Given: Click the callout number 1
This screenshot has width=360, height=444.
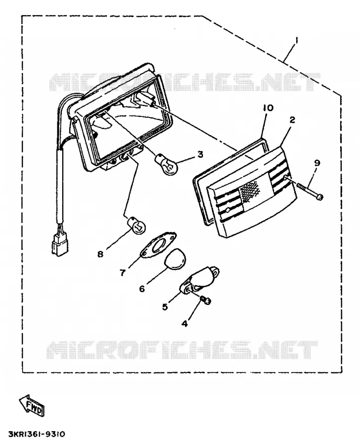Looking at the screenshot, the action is pos(296,40).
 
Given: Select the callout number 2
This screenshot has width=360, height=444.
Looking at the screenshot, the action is pos(292,120).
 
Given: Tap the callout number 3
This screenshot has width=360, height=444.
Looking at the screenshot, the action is pos(200,154).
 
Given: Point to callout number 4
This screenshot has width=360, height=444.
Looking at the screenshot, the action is pos(185,323).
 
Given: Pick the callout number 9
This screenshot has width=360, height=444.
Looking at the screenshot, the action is pos(317,163).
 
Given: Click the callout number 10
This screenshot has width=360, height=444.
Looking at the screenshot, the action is pos(268,108).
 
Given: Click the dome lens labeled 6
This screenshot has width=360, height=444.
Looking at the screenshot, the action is pos(174,259).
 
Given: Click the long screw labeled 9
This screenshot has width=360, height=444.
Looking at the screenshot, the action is pos(310,191).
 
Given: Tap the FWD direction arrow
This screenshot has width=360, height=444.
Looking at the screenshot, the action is pos(32,406).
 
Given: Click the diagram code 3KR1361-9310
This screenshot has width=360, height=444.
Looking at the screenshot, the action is pos(37,434).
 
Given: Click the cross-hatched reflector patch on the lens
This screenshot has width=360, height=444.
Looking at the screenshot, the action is pos(250,191).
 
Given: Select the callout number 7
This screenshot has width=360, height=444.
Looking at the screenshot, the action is pos(122,273).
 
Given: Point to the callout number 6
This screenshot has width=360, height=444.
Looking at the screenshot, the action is pos(142,289).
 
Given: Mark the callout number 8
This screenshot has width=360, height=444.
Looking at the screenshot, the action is pos(100,254).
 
